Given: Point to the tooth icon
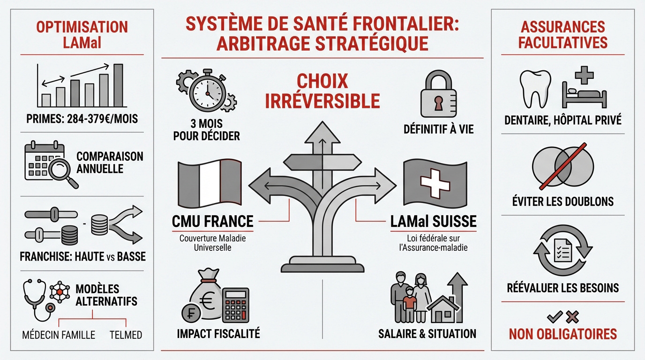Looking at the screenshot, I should [535, 89].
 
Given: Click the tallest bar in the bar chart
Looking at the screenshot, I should [118, 85].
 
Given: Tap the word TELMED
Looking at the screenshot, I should [126, 335].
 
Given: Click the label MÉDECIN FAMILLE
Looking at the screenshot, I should [59, 335].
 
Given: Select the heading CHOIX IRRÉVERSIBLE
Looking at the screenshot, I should [322, 91].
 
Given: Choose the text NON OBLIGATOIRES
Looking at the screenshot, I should [562, 334].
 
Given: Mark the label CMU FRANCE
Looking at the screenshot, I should [213, 221].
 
